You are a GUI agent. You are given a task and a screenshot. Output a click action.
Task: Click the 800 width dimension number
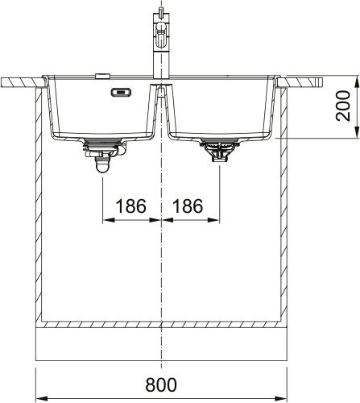coord(161,384)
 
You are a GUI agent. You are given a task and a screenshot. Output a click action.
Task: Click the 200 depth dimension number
coord(343,106)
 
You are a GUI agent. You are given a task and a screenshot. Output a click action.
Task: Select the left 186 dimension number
coord(130,206)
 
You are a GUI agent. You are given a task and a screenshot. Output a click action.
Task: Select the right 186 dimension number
coord(188,206)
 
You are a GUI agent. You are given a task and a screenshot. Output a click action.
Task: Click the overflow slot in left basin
coord(121,92)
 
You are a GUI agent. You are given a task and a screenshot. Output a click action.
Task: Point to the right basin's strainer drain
coord(219,152)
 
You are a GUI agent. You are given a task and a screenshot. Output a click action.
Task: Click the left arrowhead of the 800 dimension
coord(41,398)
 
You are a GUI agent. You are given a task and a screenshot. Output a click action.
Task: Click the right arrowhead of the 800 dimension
coord(282,398)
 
